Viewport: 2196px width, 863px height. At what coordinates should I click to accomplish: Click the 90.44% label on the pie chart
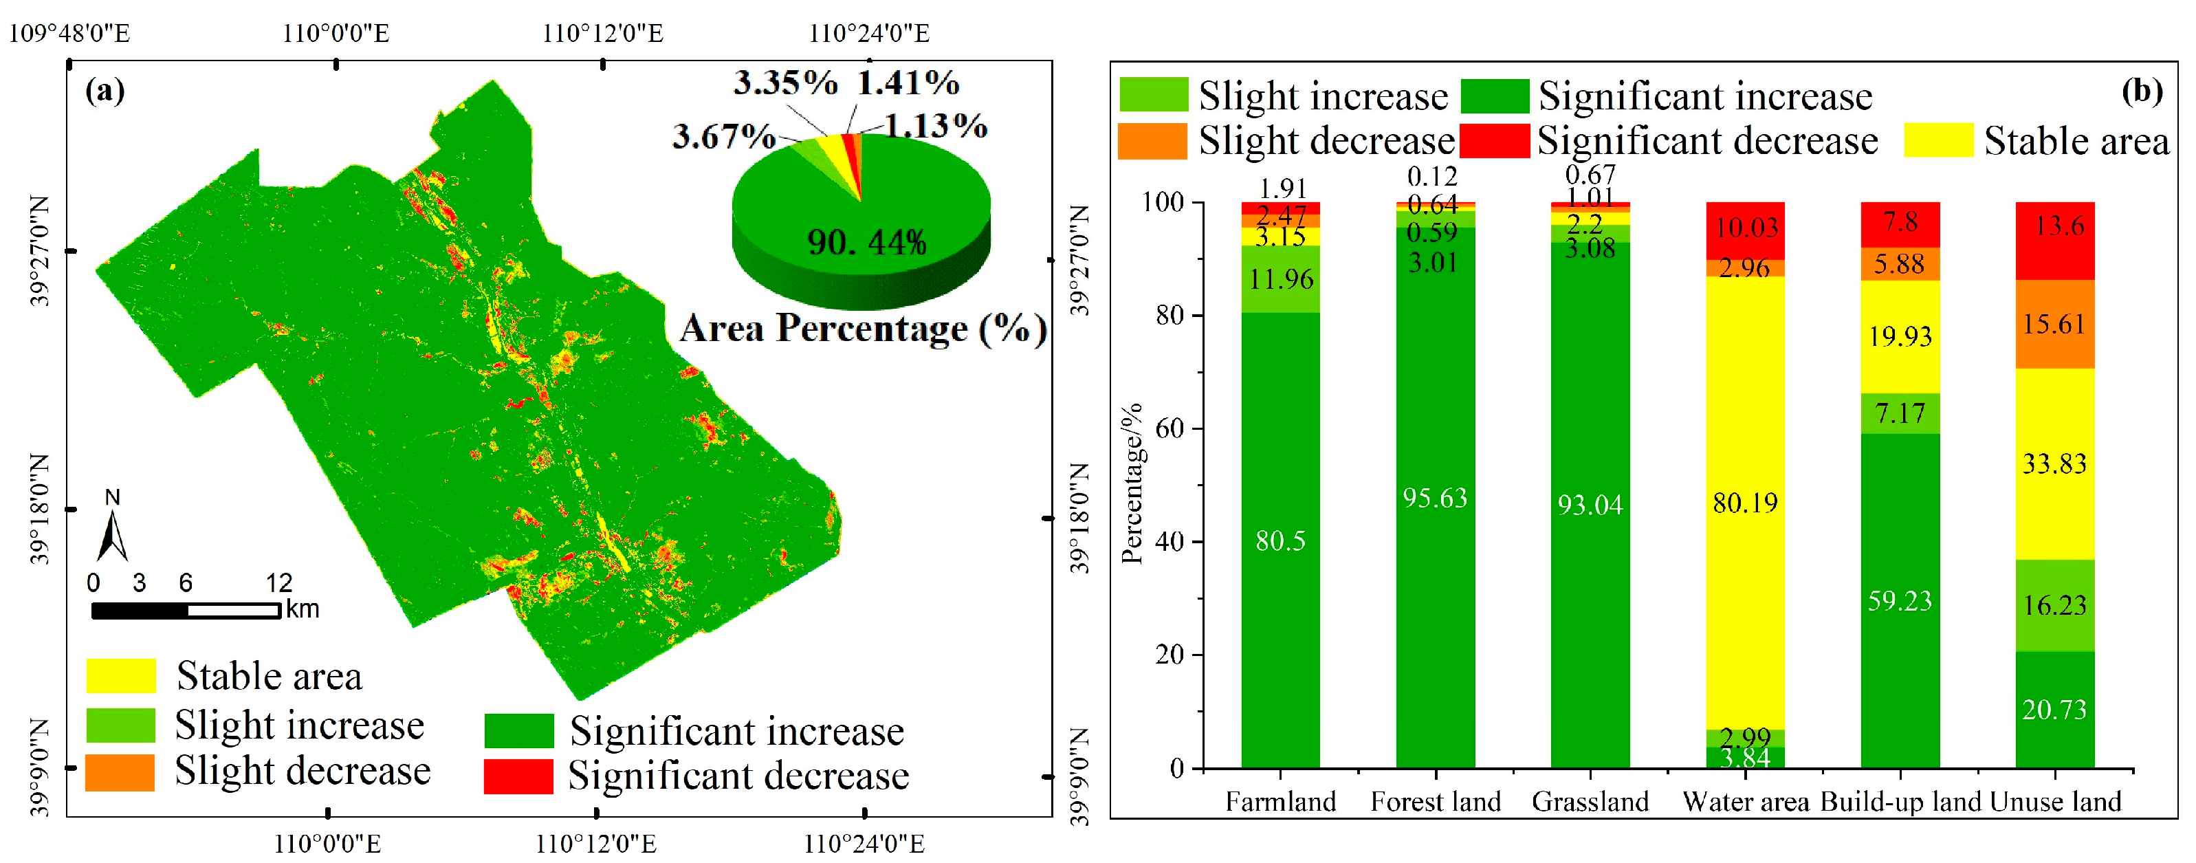pos(866,242)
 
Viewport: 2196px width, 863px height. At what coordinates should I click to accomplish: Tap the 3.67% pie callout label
pos(723,136)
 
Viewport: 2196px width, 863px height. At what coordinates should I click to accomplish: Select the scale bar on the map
pos(186,611)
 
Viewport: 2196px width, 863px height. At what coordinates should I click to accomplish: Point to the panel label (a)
pos(105,90)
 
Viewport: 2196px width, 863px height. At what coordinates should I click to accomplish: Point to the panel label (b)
pos(2140,90)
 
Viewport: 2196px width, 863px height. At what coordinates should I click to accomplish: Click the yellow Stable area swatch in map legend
pos(121,675)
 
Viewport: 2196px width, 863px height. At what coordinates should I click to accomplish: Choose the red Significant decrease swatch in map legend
pos(518,776)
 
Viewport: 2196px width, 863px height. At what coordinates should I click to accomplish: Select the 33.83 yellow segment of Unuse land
pos(2054,464)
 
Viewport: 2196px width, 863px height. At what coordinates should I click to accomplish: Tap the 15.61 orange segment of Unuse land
pos(2054,324)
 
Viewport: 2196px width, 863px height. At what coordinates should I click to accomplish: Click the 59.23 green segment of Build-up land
pos(1900,600)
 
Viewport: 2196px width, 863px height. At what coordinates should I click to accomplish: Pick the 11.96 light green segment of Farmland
pos(1280,279)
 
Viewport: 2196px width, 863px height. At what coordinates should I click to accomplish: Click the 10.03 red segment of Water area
pos(1745,228)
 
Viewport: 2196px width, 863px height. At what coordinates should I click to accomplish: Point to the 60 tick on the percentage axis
pos(1170,428)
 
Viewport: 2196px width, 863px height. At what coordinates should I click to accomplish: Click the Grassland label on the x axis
pos(1590,802)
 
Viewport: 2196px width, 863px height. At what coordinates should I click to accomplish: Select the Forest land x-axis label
pos(1436,802)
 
